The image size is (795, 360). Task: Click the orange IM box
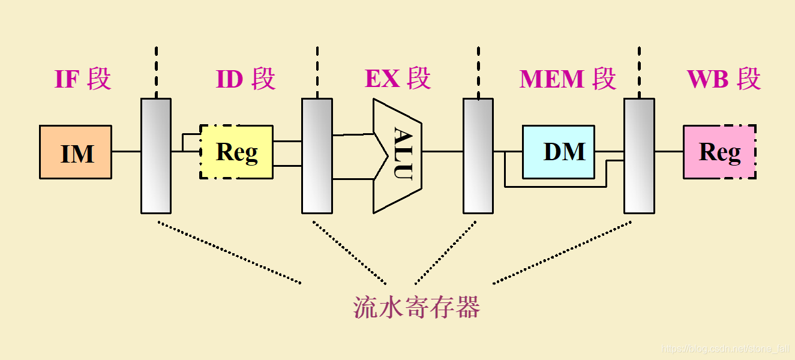tap(76, 152)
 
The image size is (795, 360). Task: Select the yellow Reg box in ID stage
tap(236, 152)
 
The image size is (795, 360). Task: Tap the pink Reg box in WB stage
tap(719, 152)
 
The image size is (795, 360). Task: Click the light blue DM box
tap(559, 152)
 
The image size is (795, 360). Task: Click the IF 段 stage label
tap(83, 79)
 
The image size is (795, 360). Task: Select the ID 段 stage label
tap(245, 79)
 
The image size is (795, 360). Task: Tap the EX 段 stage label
tap(398, 79)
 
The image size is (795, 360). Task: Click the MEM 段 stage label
tap(568, 79)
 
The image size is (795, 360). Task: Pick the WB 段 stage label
tap(724, 79)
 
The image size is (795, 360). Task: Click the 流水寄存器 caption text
tap(416, 307)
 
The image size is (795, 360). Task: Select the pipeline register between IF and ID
tap(156, 156)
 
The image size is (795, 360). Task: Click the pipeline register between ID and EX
tap(317, 156)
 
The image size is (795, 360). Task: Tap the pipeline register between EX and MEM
tap(478, 156)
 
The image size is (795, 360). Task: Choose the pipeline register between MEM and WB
tap(639, 156)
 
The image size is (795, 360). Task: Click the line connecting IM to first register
tap(126, 151)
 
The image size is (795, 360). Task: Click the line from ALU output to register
tap(442, 151)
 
